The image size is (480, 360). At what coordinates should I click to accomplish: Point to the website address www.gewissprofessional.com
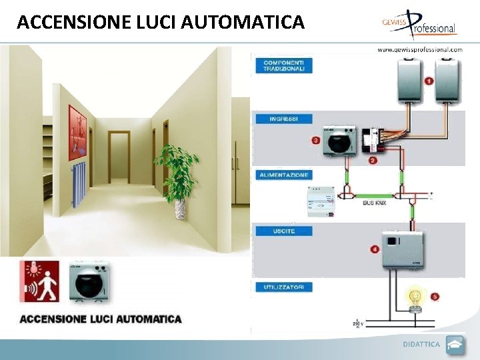click(x=419, y=49)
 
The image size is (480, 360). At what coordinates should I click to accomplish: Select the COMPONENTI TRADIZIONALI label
click(x=283, y=65)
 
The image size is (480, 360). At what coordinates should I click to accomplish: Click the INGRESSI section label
click(x=283, y=119)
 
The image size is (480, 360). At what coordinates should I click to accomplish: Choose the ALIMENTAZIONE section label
click(x=283, y=175)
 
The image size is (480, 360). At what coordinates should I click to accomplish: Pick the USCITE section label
click(x=283, y=231)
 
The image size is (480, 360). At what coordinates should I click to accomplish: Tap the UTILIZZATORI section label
click(x=283, y=287)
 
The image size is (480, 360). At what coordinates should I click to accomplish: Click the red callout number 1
click(x=429, y=81)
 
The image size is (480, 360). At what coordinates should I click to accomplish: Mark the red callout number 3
click(x=315, y=140)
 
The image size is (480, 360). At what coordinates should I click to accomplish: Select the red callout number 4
click(x=375, y=249)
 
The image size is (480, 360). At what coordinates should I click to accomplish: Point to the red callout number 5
click(x=435, y=295)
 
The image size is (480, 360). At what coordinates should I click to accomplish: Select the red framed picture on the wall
click(x=77, y=131)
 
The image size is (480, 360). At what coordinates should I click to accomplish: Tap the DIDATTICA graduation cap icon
click(x=455, y=345)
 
